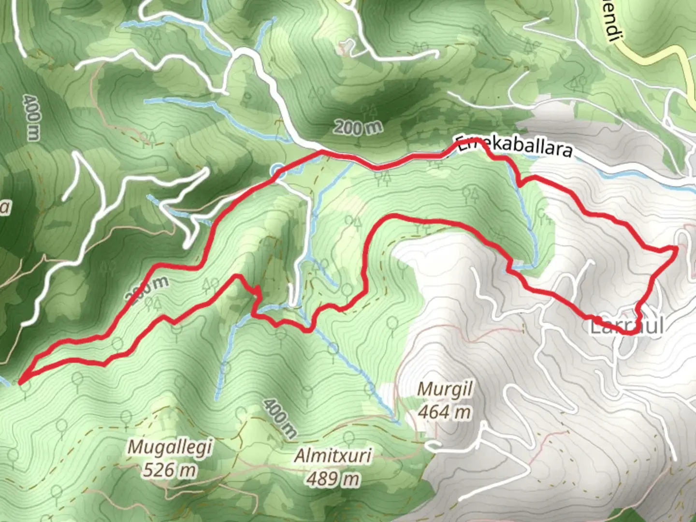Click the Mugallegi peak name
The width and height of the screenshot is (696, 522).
170,447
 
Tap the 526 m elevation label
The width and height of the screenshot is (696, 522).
170,469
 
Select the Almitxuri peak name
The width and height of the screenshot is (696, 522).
333,455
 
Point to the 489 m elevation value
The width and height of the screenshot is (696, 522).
333,478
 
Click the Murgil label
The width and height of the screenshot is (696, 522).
445,389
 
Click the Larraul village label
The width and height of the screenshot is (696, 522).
626,326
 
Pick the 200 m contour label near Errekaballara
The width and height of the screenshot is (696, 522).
358,128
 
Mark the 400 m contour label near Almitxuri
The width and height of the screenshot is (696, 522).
280,419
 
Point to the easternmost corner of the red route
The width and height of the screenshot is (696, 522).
675,248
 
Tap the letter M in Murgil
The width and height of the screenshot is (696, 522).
424,389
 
